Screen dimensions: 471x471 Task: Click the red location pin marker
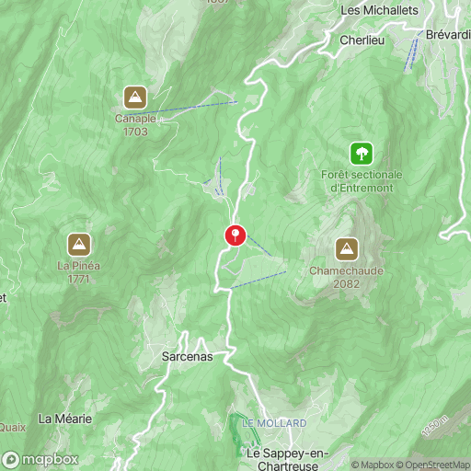coord(235,235)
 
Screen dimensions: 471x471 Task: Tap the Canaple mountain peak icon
coord(135,97)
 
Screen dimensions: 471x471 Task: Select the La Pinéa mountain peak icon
coord(79,245)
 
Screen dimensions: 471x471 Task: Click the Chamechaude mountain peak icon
coord(347,248)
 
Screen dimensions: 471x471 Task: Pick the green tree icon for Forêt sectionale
coord(362,152)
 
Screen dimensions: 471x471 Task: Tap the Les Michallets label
coord(379,10)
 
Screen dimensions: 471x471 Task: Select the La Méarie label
coord(65,419)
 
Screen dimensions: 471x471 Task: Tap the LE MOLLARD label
coord(274,423)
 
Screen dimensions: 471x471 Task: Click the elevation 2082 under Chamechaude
coord(347,284)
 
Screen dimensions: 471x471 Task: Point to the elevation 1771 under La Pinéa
coord(78,280)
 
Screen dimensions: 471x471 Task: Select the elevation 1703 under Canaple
coord(135,132)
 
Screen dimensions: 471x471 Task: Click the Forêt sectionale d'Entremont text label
coord(357,181)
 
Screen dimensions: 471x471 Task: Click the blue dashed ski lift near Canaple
coord(193,108)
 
